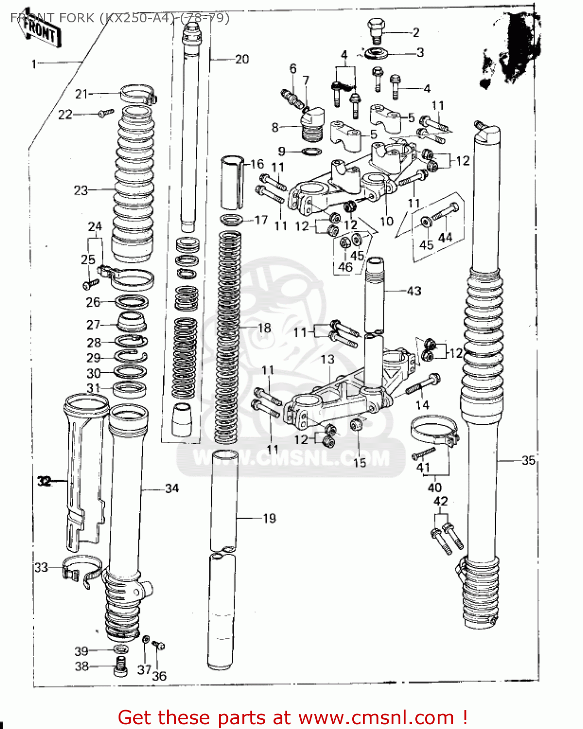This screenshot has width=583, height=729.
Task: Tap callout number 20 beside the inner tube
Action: [x=241, y=59]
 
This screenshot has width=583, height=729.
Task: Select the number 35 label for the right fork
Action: [x=528, y=460]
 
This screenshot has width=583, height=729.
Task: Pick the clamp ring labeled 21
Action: [x=137, y=94]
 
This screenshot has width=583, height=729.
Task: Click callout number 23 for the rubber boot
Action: [x=81, y=190]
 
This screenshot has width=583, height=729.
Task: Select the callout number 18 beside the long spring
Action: [x=264, y=328]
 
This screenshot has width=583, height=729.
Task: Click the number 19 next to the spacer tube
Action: [x=269, y=519]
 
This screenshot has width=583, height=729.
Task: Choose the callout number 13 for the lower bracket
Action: [x=327, y=359]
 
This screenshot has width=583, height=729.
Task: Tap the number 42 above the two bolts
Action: [x=440, y=501]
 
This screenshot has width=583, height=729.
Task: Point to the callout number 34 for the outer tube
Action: [x=172, y=488]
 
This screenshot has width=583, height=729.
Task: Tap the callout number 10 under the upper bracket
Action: [x=386, y=222]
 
